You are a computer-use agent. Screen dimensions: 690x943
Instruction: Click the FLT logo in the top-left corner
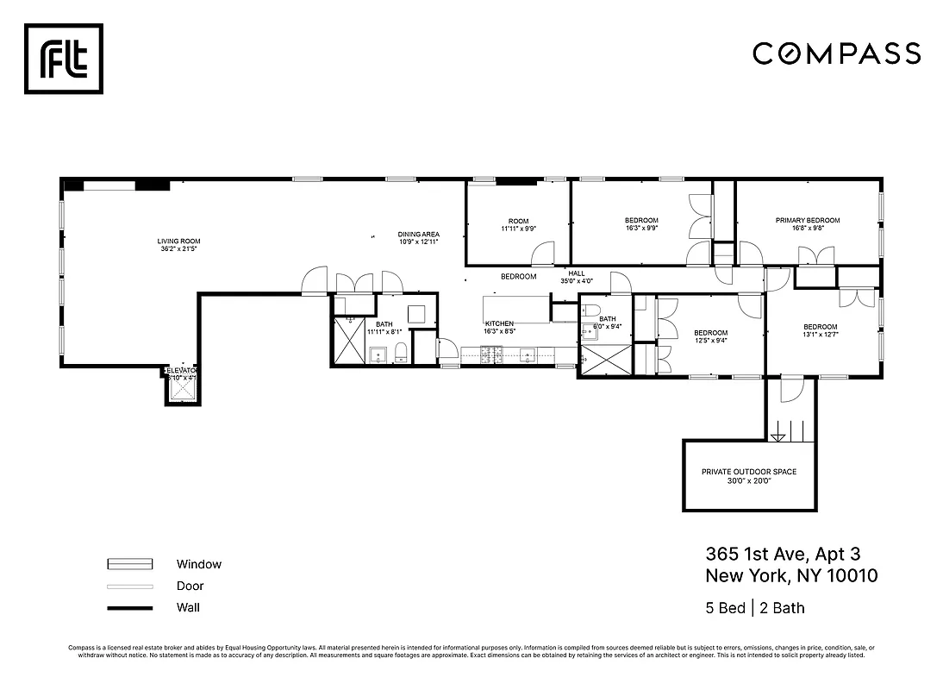click(63, 59)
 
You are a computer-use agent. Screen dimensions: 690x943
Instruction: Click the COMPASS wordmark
click(836, 53)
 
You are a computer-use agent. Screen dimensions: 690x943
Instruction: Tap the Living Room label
click(178, 246)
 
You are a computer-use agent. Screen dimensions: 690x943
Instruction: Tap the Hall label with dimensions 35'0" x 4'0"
click(576, 277)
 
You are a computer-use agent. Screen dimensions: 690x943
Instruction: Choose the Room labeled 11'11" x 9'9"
click(518, 225)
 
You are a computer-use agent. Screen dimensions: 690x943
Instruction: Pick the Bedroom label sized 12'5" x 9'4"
click(711, 337)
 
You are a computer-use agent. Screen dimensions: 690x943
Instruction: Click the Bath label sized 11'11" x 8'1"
click(384, 328)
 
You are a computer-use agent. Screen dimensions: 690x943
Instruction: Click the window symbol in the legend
click(130, 564)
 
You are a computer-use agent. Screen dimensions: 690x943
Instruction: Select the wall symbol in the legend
click(130, 608)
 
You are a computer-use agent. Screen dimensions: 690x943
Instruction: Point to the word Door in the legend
click(190, 586)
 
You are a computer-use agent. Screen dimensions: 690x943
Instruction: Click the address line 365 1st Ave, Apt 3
click(783, 554)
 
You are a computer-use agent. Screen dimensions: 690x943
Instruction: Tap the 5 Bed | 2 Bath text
click(754, 608)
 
